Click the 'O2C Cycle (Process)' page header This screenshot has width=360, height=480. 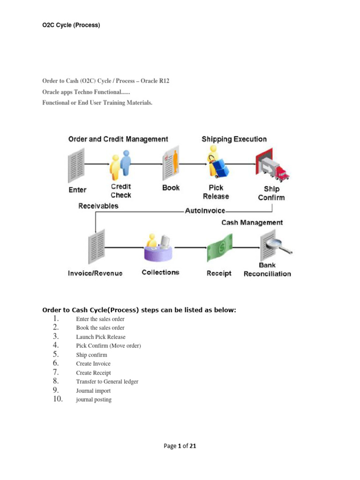(x=71, y=25)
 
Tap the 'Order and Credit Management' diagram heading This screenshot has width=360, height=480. (x=118, y=139)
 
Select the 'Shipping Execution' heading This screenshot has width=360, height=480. (x=234, y=139)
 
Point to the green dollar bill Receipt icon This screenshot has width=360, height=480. (x=219, y=249)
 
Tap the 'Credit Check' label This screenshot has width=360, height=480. (x=121, y=191)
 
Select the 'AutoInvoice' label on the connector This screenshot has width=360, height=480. (x=205, y=210)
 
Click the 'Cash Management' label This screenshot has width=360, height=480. (x=252, y=223)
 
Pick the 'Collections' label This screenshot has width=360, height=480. (x=160, y=272)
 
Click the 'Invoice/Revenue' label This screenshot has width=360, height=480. (x=95, y=273)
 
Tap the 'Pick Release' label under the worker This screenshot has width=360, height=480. (x=216, y=192)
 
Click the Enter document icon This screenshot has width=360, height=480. (x=76, y=165)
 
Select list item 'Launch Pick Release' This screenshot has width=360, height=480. (x=101, y=337)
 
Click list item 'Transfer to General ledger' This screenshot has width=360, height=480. (x=107, y=382)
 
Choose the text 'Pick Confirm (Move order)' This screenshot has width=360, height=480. (x=108, y=345)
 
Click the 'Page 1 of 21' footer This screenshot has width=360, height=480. (x=180, y=446)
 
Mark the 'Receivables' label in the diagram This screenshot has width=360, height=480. (x=98, y=206)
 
